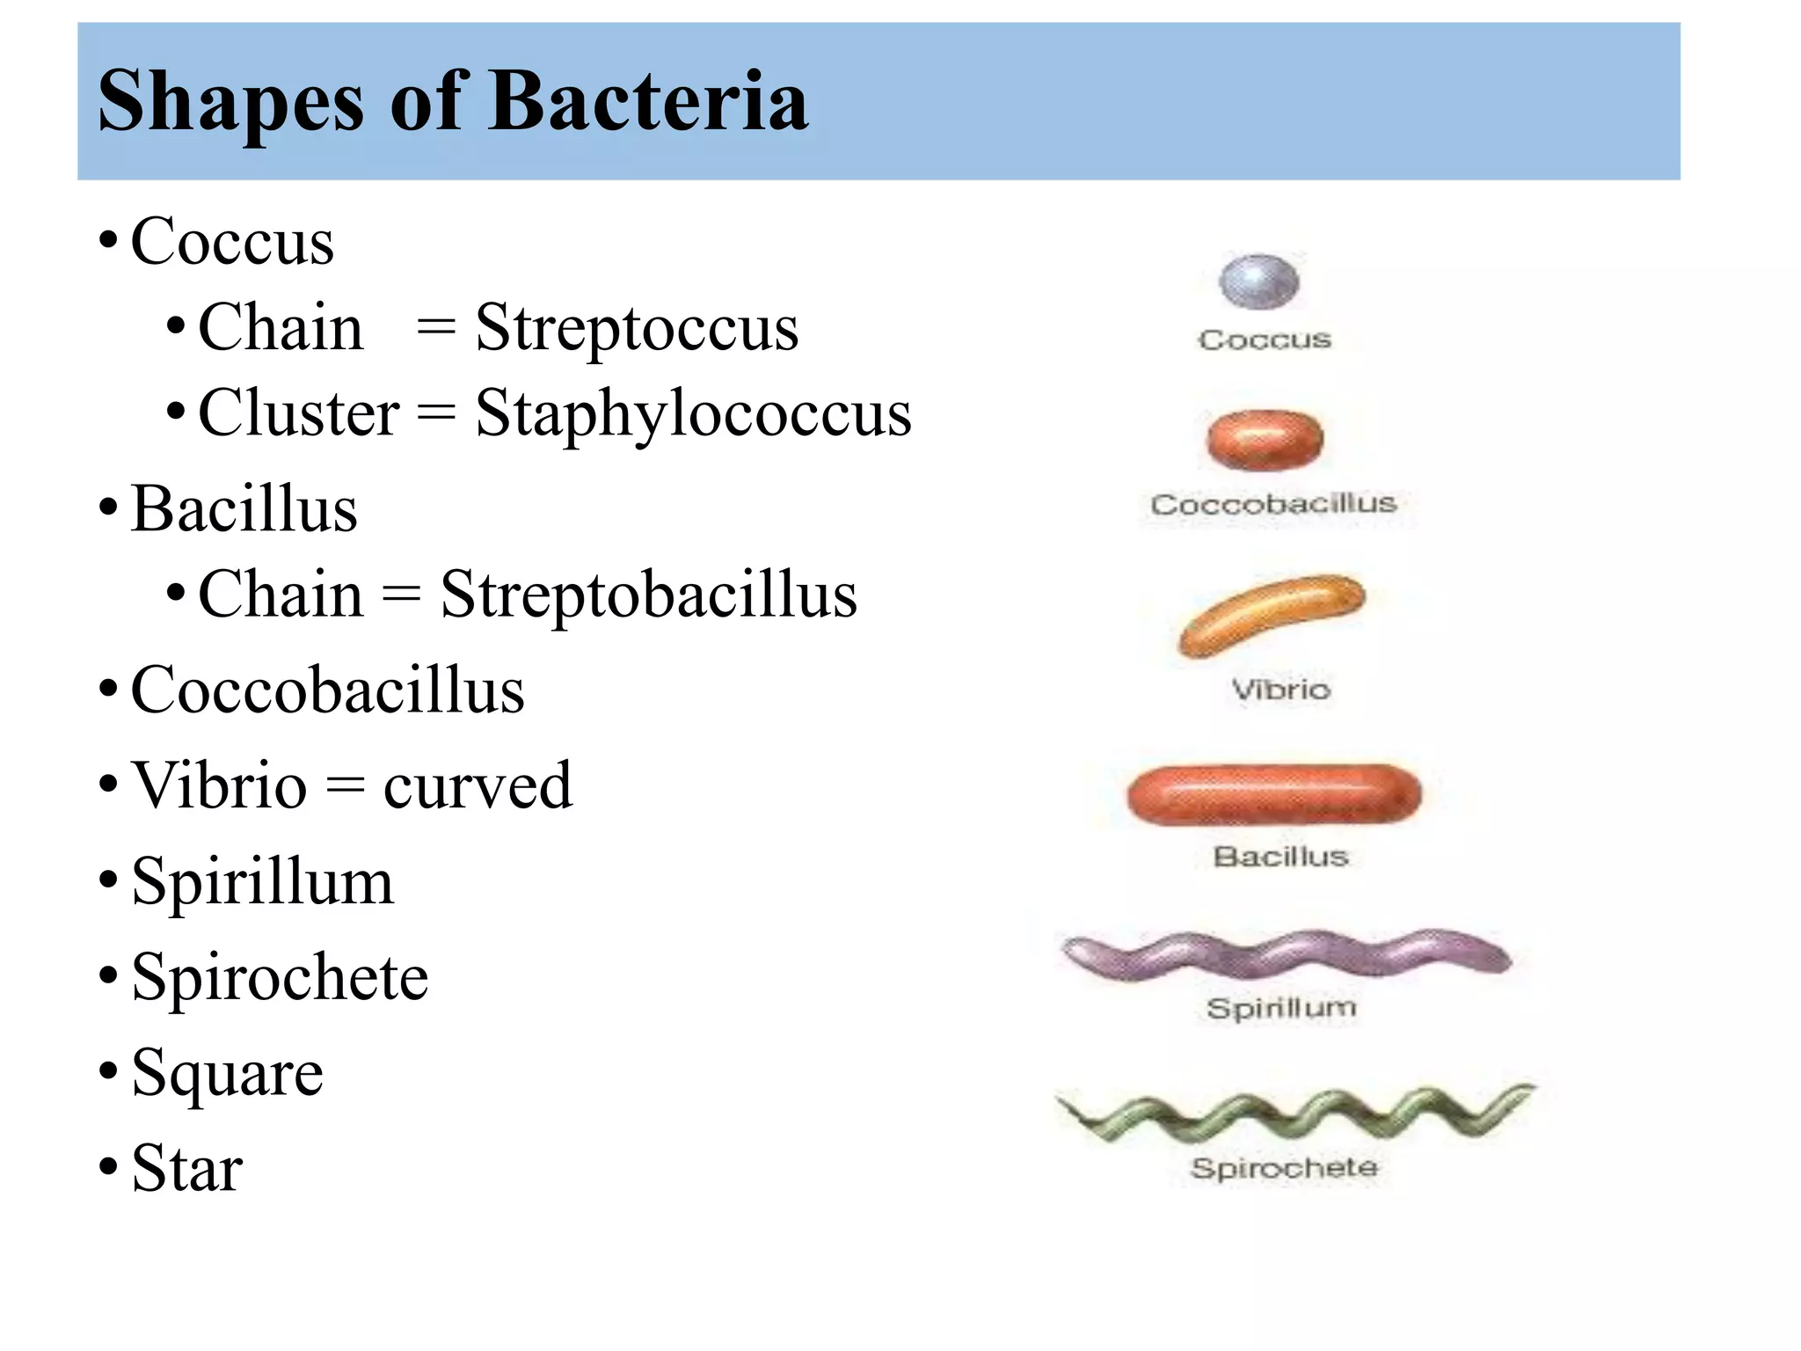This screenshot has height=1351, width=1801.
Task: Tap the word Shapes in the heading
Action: click(x=230, y=104)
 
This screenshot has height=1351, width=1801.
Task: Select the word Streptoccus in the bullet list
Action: click(x=637, y=328)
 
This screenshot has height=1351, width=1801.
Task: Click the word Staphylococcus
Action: click(x=693, y=413)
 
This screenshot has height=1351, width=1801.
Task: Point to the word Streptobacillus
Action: click(x=648, y=595)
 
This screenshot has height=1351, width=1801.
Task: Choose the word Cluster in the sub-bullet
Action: click(x=299, y=413)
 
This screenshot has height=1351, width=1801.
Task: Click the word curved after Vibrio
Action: click(x=478, y=785)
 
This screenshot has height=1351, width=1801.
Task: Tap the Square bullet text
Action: click(x=228, y=1073)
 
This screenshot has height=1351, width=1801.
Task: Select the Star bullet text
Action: click(x=187, y=1169)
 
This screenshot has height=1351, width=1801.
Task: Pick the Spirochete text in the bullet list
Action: click(x=280, y=977)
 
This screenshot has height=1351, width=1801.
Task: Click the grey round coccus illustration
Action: click(x=1258, y=281)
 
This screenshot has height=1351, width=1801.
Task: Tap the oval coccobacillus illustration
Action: click(x=1265, y=440)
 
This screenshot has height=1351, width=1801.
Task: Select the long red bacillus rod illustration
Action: click(x=1274, y=794)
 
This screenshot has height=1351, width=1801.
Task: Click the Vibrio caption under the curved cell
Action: click(x=1280, y=690)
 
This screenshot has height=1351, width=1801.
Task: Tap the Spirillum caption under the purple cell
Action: click(x=1281, y=1008)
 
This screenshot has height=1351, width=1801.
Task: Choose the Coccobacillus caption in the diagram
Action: click(x=1273, y=504)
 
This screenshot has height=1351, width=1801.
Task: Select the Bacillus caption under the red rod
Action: click(x=1280, y=857)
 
